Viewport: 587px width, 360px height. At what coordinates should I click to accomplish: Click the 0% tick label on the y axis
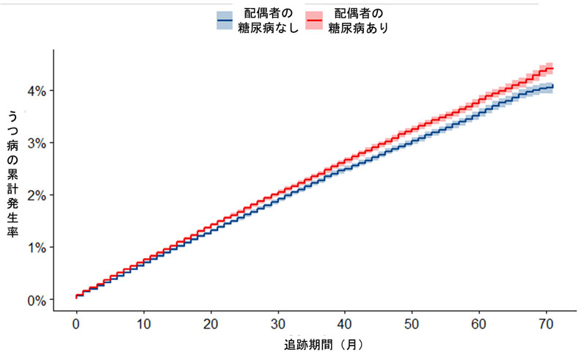(37, 300)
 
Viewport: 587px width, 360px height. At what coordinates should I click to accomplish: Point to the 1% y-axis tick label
(37, 247)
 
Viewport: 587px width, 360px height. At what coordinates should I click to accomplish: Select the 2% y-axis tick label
(37, 195)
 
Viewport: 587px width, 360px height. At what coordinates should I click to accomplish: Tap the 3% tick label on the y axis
(37, 142)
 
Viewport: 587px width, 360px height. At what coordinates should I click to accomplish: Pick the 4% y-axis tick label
(37, 90)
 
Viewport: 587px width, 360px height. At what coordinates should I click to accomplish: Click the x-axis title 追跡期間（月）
(323, 343)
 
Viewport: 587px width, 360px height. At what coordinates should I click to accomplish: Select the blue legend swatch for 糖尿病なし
(225, 21)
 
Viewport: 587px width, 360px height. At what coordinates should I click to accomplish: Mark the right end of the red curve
(552, 68)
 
